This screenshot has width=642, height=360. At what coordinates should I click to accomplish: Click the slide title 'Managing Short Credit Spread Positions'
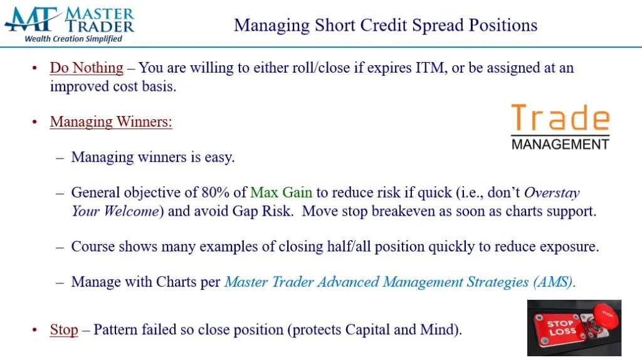[x=385, y=26]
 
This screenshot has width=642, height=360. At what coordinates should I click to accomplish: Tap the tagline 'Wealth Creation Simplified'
[x=73, y=39]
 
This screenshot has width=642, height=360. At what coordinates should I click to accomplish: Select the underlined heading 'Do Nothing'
[x=87, y=68]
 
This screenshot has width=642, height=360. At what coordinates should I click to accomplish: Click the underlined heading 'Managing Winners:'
[x=111, y=122]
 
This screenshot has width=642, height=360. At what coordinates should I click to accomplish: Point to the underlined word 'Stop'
[x=64, y=329]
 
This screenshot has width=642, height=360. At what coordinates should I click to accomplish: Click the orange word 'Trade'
[x=560, y=119]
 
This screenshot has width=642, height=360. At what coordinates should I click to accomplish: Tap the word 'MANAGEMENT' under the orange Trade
[x=560, y=144]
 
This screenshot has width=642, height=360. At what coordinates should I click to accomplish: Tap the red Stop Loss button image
[x=574, y=327]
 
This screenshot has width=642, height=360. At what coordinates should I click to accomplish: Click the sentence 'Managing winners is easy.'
[x=153, y=157]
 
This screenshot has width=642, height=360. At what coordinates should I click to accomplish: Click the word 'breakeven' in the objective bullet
[x=403, y=211]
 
